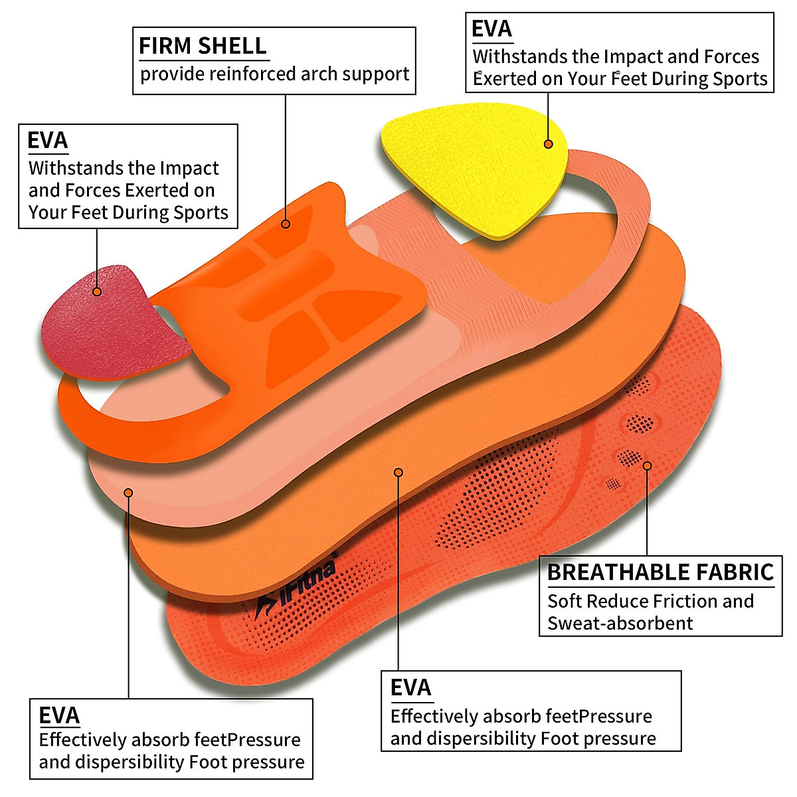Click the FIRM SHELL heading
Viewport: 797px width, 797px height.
pos(203,46)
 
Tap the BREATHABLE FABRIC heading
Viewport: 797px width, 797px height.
pos(660,572)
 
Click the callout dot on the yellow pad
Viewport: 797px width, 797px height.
pos(549,143)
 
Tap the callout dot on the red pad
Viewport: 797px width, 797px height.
pos(97,291)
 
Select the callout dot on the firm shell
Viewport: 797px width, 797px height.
pos(286,224)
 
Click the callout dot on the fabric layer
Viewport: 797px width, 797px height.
pos(647,466)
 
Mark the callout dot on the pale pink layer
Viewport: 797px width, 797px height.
pos(128,492)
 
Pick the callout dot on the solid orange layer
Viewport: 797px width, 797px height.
pos(398,472)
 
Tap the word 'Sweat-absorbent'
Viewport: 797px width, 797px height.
pos(620,624)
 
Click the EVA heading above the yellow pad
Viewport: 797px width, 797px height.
pos(491,29)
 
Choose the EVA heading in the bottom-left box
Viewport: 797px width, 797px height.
pos(59,715)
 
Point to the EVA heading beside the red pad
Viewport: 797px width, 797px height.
pos(47,141)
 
